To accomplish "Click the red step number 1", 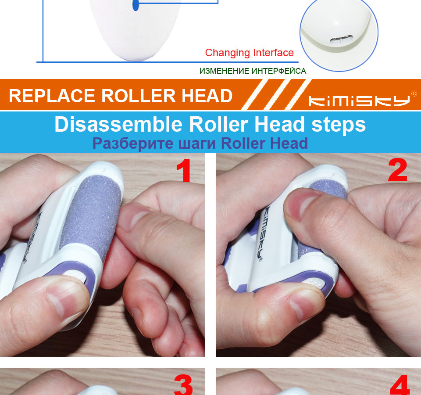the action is [x=184, y=170].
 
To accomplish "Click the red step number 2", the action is [x=398, y=170].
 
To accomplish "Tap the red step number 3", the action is [x=183, y=385].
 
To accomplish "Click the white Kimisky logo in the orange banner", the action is [x=359, y=101].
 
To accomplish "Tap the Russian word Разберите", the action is [x=133, y=144].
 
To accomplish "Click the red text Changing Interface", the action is [x=249, y=53].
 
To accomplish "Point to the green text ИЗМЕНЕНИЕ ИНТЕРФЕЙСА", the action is [x=253, y=71].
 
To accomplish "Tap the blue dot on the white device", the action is [x=136, y=5].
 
